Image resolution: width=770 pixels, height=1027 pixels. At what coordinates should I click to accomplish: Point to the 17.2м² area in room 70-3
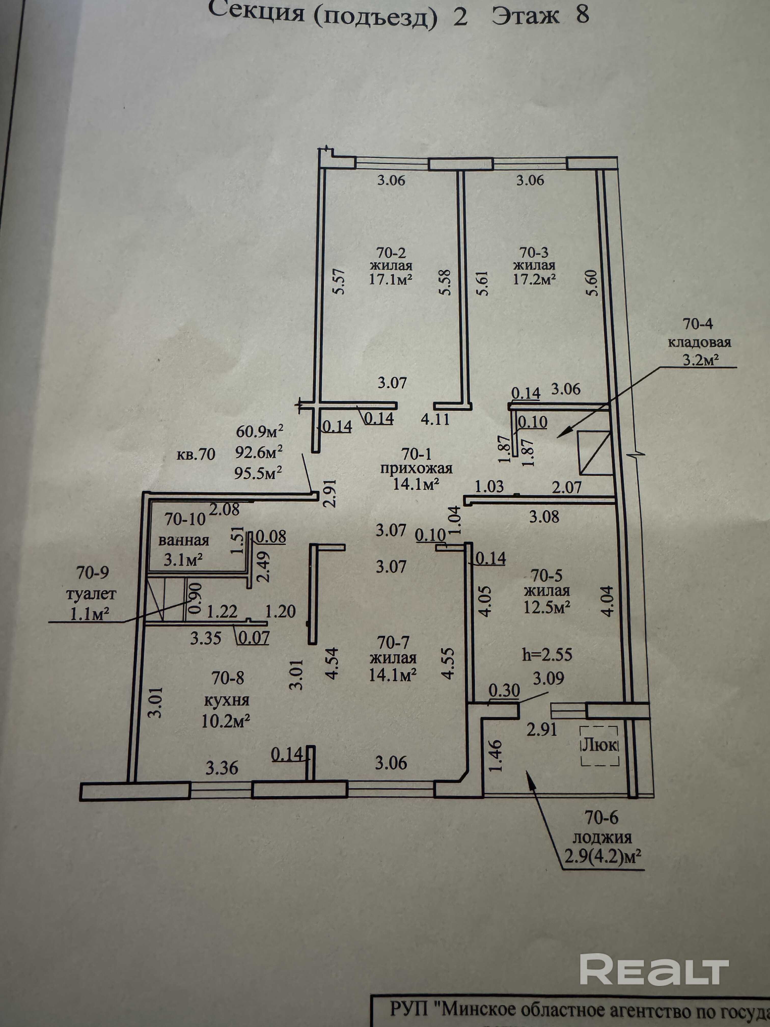click(x=534, y=279)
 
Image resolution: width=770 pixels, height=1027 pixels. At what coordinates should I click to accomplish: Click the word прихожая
click(x=416, y=468)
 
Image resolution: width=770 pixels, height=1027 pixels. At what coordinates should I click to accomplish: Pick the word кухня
click(x=227, y=700)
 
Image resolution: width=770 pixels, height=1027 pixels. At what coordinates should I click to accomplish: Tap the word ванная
click(x=184, y=540)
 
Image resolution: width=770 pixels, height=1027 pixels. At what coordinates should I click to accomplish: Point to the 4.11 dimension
click(x=435, y=419)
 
